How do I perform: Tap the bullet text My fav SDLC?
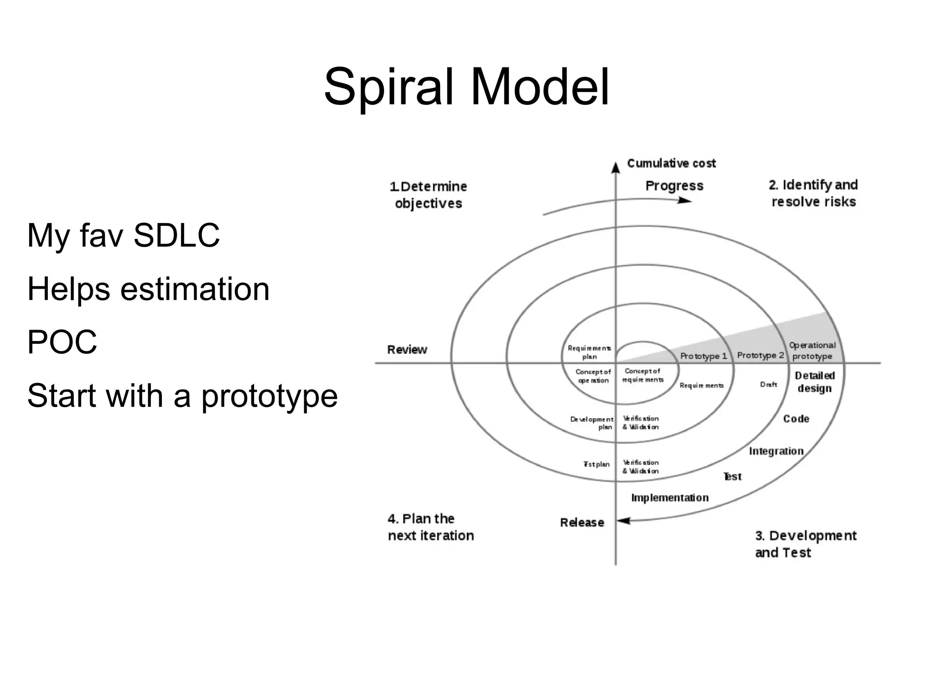tap(124, 236)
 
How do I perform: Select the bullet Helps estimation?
tap(148, 289)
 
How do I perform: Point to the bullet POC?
tap(62, 342)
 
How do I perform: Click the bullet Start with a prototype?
tap(182, 395)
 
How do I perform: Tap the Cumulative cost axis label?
tap(671, 163)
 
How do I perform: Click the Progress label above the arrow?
tap(674, 186)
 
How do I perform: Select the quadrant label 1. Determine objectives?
tap(428, 195)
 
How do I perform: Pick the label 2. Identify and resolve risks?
tap(813, 193)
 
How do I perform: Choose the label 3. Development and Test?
tap(805, 544)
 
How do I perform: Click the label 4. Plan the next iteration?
tap(431, 527)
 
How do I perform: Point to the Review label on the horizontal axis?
tap(407, 350)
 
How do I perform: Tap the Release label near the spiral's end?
tap(582, 523)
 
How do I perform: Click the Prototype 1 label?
tap(703, 356)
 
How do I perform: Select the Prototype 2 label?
tap(760, 355)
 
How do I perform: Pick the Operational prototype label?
tap(812, 351)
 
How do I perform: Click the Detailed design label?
tap(815, 382)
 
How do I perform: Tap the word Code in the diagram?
tap(796, 419)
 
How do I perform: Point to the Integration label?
tap(776, 451)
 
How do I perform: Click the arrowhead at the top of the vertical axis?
tap(616, 168)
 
